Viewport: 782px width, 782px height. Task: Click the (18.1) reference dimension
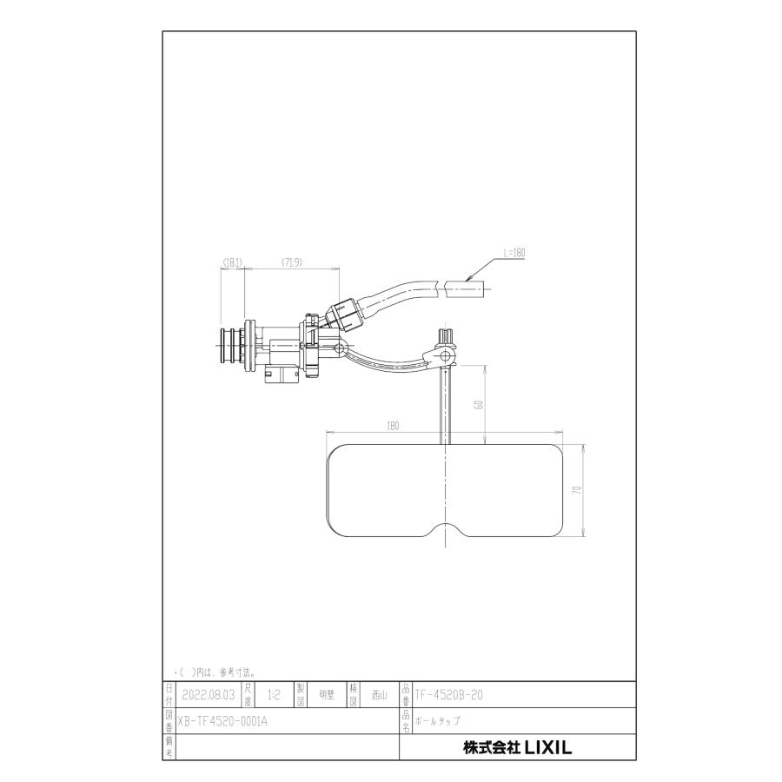[232, 261]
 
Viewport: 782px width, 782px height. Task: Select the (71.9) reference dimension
[291, 261]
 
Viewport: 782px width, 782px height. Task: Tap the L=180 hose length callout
[514, 253]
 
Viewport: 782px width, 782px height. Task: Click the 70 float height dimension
[576, 491]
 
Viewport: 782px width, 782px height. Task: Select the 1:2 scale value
[275, 695]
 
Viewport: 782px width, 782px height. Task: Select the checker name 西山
[379, 695]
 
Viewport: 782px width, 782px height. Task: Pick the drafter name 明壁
[327, 695]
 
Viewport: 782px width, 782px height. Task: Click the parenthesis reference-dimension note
[214, 672]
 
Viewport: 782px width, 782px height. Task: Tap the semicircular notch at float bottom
[446, 531]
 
